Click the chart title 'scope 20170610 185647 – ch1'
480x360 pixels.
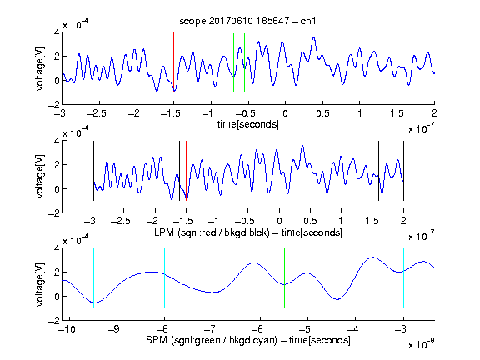247,21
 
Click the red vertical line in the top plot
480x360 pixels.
173,62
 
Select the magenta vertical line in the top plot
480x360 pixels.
397,62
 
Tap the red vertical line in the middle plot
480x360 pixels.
186,171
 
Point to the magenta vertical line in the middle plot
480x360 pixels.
372,171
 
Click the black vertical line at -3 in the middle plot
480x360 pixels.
93,171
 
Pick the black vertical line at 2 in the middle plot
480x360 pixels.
403,171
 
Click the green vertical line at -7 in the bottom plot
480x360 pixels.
212,278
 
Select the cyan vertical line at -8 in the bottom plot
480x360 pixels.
165,278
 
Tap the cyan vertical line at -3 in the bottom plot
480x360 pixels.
403,278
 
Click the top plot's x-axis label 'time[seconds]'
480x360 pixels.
248,124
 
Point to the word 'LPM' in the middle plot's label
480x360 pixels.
164,232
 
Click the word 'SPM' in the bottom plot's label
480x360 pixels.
157,340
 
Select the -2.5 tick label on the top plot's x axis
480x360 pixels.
96,113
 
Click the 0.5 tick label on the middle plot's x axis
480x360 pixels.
310,222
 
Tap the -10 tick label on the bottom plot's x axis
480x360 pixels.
67,329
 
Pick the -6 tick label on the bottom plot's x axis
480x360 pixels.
257,329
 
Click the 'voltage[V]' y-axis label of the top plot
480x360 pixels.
40,68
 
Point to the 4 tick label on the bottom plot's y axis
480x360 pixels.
57,248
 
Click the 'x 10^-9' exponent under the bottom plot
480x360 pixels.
422,344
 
